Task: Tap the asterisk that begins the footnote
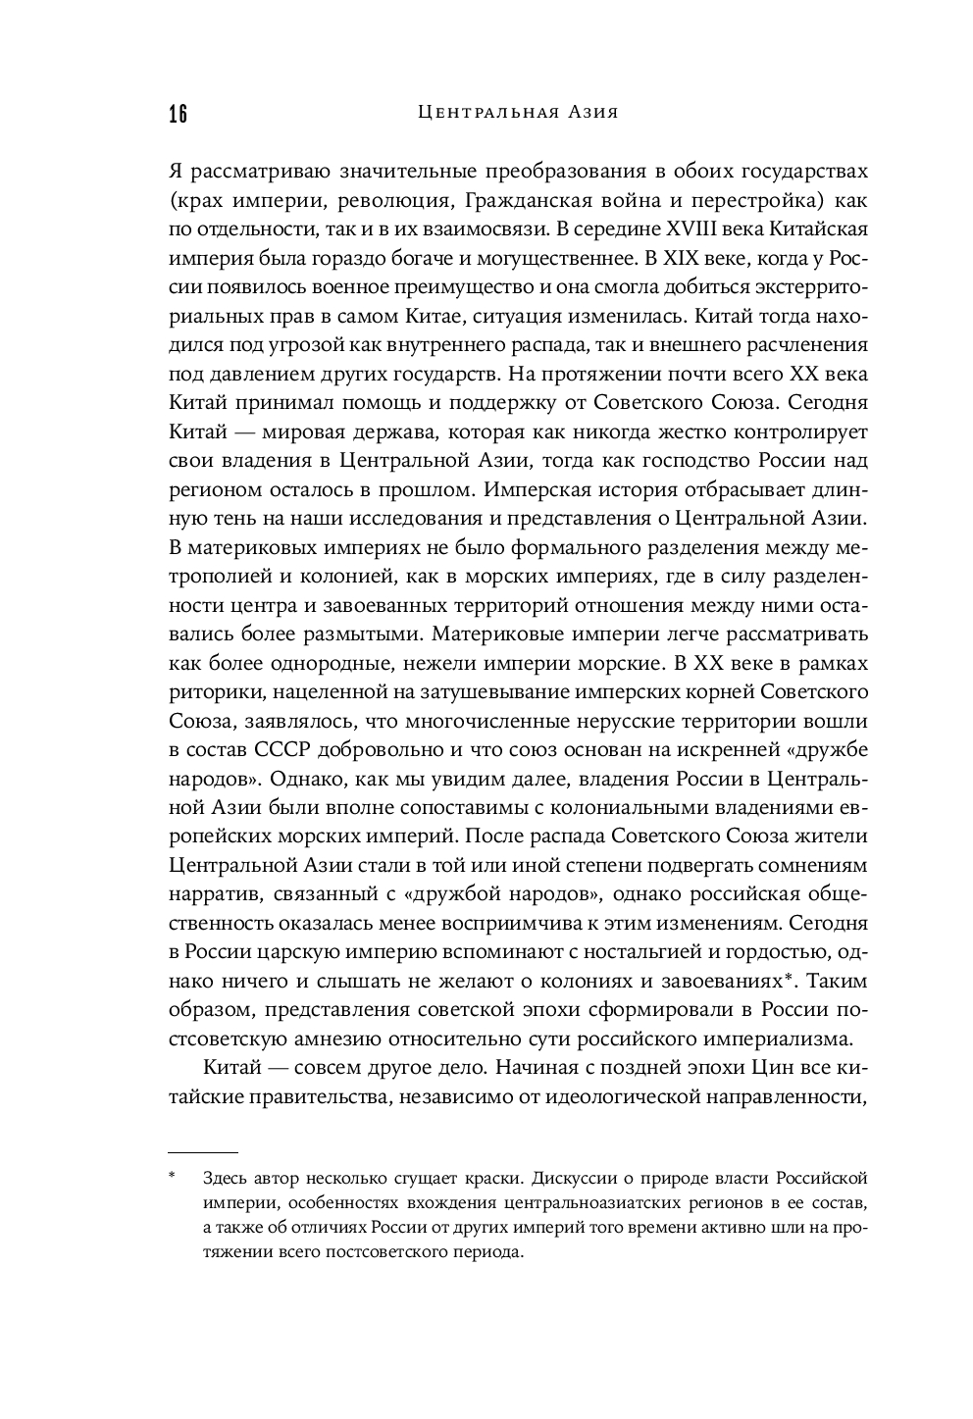tap(172, 1176)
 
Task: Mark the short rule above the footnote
tap(203, 1152)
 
